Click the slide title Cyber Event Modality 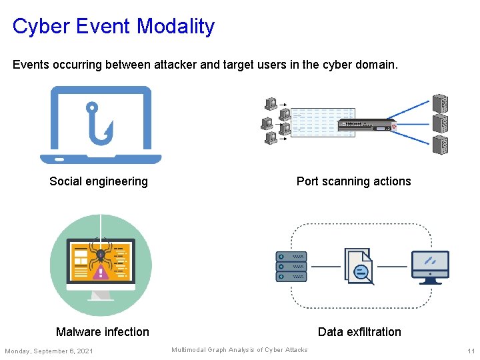click(x=113, y=27)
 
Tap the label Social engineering click(x=99, y=181)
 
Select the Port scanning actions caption click(x=353, y=181)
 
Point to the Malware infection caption click(x=103, y=332)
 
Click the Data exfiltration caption click(x=359, y=332)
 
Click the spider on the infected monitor click(x=101, y=255)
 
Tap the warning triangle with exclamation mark click(x=101, y=271)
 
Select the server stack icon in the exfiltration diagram click(x=291, y=266)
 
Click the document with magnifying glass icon click(x=359, y=266)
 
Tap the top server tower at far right click(x=440, y=104)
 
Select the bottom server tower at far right click(x=440, y=144)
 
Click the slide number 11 click(x=471, y=351)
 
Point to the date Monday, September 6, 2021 click(x=49, y=351)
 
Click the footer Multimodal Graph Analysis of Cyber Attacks click(x=239, y=350)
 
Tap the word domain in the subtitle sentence click(x=378, y=65)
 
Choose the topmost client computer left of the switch click(x=271, y=103)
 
